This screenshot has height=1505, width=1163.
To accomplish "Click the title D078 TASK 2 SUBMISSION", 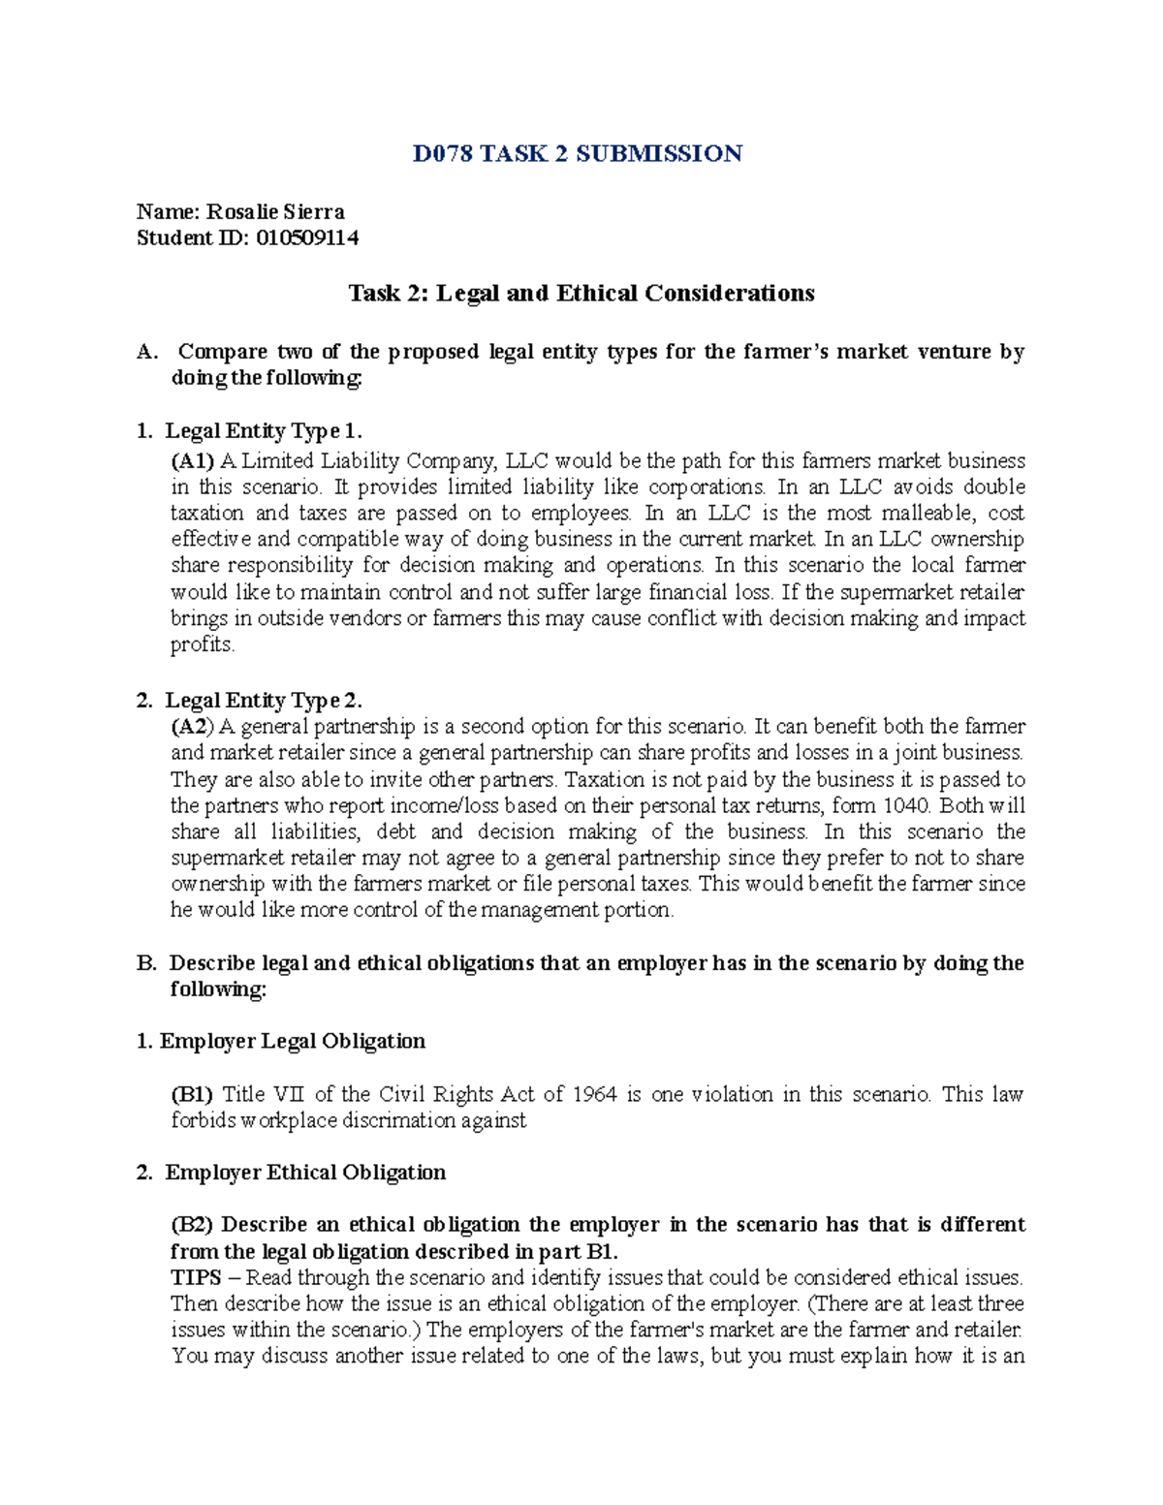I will pos(578,154).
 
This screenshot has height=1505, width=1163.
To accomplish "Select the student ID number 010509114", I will pos(307,238).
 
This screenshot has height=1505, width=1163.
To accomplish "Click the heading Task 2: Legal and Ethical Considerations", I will pos(581,294).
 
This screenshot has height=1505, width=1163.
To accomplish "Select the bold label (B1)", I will pos(192,1095).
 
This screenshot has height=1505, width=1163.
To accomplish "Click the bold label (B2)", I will pos(192,1225).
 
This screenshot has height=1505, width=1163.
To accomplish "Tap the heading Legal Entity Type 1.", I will pos(264,431).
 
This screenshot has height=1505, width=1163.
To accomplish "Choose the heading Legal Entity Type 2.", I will pos(264,701).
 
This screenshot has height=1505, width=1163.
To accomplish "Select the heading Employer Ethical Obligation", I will pos(305,1173).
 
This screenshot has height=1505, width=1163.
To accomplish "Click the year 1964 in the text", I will pos(594,1095).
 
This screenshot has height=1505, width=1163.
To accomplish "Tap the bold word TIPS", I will pos(196,1278).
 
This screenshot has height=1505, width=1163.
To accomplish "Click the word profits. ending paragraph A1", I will pos(203,645).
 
